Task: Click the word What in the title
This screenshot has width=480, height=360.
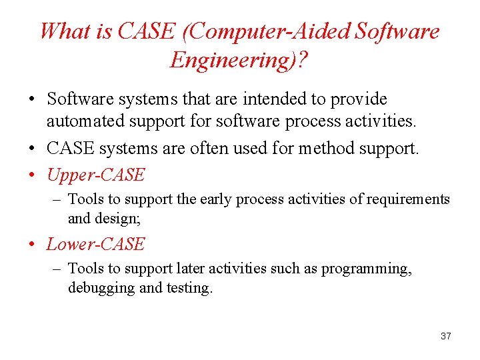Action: pyautogui.click(x=65, y=31)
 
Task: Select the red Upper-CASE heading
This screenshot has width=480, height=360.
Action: pyautogui.click(x=95, y=175)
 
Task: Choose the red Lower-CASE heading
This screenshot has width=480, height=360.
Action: pyautogui.click(x=95, y=244)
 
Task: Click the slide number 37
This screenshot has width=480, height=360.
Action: pyautogui.click(x=446, y=336)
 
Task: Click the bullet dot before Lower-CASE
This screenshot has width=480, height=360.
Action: pyautogui.click(x=32, y=245)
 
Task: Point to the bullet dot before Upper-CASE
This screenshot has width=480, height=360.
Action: pyautogui.click(x=32, y=175)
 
